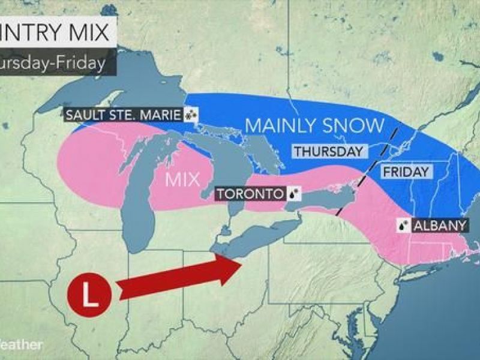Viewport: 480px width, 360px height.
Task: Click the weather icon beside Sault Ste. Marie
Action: coord(192,114)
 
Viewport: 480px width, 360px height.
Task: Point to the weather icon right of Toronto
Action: coord(294,194)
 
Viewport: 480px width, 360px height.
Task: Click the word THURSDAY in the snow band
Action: coord(328,151)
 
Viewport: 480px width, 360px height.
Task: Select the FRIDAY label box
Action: coord(406,172)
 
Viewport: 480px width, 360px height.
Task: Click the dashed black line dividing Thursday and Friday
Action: coord(367,170)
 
